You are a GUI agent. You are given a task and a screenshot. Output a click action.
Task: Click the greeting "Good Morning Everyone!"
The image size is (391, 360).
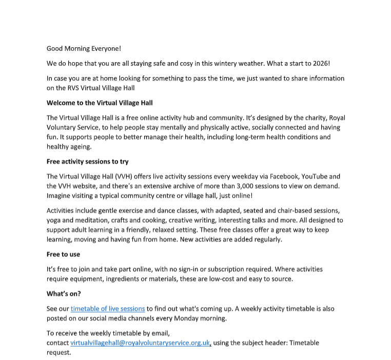[x=84, y=49]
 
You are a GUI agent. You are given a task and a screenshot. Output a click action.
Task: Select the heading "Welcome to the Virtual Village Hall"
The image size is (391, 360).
[x=100, y=103]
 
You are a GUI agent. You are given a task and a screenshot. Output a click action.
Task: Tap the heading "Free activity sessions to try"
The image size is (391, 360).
[x=87, y=162]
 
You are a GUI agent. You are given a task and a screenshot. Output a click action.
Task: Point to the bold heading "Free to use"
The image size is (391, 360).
[x=63, y=254]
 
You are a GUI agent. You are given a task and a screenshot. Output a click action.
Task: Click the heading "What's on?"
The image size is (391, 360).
[x=64, y=294]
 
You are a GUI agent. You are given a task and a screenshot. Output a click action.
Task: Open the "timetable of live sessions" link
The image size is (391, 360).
[x=108, y=309]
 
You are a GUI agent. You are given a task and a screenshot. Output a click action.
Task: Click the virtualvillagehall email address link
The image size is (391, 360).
[x=140, y=343]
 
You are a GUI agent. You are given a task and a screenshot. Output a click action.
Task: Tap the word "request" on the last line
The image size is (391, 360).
[x=58, y=353]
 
